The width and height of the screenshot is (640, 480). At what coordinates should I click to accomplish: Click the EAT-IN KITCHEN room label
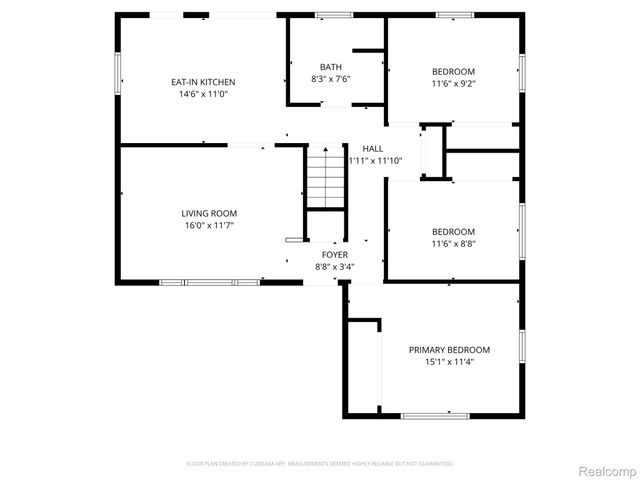[x=203, y=82]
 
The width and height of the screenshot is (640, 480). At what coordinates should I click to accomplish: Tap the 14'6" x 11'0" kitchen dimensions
[x=203, y=94]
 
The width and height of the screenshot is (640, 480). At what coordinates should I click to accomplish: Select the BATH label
[x=331, y=67]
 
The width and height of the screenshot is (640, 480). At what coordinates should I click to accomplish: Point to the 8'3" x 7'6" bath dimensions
[x=331, y=79]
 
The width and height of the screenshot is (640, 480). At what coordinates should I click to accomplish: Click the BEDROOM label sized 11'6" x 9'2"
[x=454, y=72]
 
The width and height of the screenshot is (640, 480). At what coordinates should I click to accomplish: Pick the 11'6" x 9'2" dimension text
[x=454, y=84]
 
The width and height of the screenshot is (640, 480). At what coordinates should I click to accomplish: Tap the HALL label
[x=373, y=149]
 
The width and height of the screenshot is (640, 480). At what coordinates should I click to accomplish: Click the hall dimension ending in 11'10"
[x=375, y=161]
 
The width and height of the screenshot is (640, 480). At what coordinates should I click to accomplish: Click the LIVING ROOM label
[x=209, y=214]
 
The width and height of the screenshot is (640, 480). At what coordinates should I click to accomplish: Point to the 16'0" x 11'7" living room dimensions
[x=209, y=226]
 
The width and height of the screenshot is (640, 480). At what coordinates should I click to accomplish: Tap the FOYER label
[x=334, y=255]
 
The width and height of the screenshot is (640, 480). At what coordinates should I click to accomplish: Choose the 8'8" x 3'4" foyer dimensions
[x=334, y=267]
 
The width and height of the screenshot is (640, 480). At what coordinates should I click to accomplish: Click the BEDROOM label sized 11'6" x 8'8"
[x=454, y=232]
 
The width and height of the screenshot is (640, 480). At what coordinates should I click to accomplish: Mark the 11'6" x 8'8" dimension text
[x=454, y=244]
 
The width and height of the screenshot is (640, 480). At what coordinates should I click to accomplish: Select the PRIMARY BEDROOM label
[x=449, y=350]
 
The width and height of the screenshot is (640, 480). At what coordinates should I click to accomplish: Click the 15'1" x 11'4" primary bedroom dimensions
[x=449, y=362]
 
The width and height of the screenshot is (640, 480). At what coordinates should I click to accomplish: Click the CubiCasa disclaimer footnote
[x=320, y=464]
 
